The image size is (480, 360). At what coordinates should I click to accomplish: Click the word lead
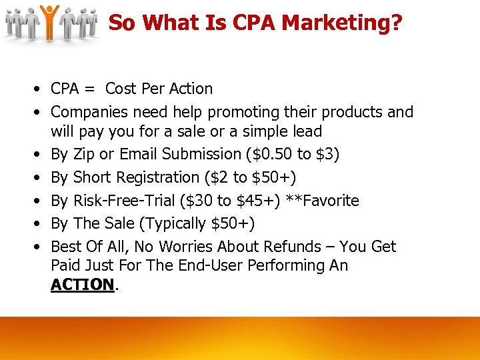(x=306, y=131)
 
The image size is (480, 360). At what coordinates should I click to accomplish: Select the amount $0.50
(x=272, y=155)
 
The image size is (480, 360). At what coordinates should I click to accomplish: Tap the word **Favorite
(x=322, y=201)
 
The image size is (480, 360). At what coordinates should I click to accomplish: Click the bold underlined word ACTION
(x=83, y=285)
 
